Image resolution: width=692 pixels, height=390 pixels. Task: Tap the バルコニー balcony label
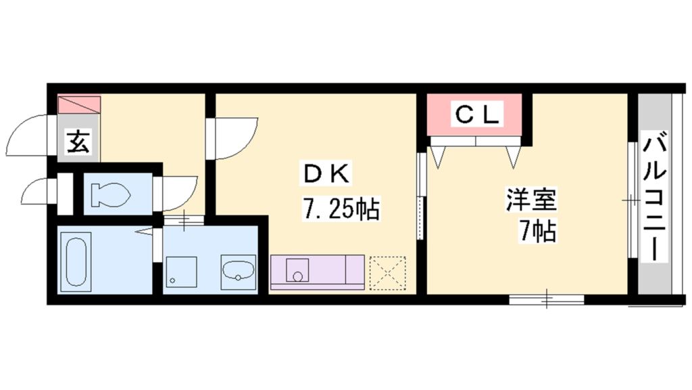click(655, 196)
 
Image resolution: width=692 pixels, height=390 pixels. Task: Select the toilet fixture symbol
click(109, 195)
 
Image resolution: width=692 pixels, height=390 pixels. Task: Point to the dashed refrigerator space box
click(387, 273)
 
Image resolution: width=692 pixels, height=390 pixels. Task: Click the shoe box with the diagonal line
click(79, 105)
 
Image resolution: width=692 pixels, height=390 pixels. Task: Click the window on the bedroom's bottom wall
click(546, 298)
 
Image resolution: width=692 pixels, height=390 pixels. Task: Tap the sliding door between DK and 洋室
click(421, 196)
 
